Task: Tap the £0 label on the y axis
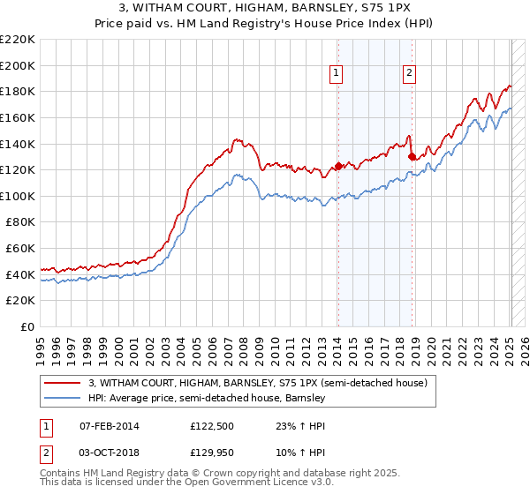tap(27, 326)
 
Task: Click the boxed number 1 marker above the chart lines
tap(337, 74)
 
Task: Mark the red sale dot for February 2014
tap(338, 167)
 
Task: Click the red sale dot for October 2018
tap(412, 157)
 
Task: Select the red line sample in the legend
tap(63, 383)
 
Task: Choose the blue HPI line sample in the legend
tap(63, 399)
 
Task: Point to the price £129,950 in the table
tap(216, 454)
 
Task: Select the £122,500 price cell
tap(216, 426)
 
